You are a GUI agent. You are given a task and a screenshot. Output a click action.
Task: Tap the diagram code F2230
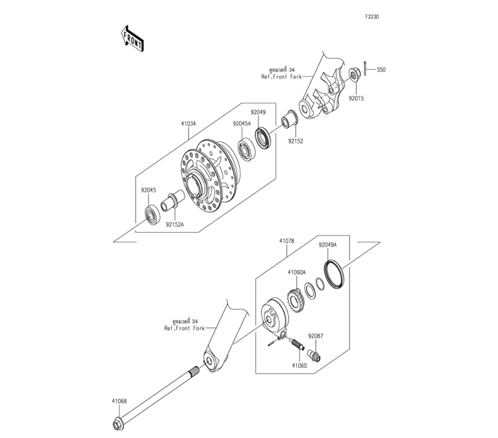(372, 16)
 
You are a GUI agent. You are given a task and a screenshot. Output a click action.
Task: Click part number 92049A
(328, 245)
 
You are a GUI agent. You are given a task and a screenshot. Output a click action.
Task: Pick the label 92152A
(176, 224)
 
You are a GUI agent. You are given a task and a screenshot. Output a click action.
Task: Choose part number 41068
(119, 400)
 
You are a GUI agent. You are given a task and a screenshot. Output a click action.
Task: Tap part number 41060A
(296, 272)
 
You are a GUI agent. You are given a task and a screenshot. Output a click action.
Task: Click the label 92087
(315, 336)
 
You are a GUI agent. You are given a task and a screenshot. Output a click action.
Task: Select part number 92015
(356, 98)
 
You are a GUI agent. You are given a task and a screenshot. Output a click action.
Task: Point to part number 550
(381, 70)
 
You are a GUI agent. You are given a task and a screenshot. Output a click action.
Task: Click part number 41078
(286, 241)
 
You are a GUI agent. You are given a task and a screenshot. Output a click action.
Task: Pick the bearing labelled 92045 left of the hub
(151, 215)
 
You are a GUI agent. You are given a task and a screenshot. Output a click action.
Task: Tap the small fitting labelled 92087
(315, 355)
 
